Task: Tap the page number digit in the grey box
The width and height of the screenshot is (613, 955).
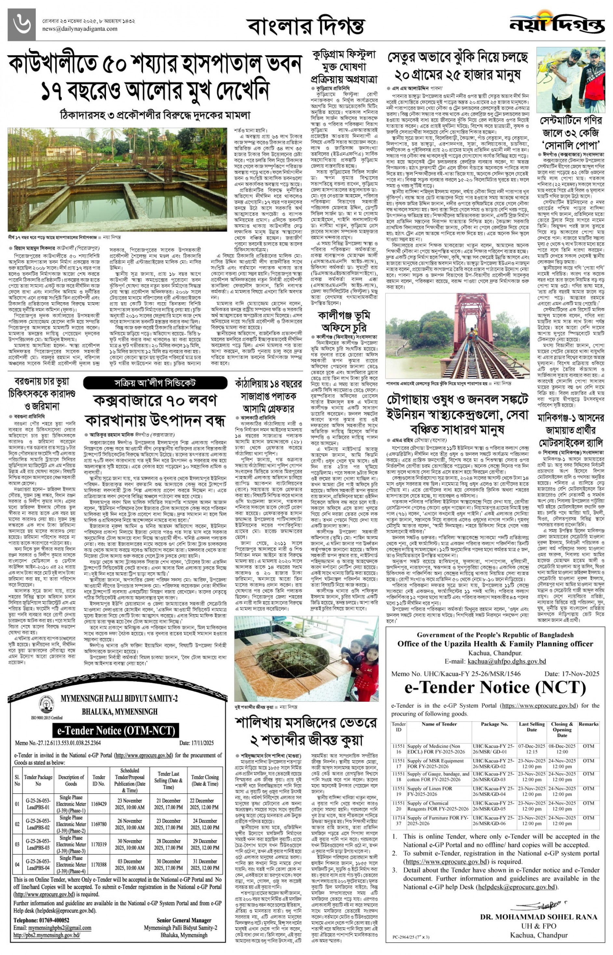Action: click(21, 25)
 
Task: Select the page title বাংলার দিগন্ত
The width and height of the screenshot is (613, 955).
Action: click(305, 26)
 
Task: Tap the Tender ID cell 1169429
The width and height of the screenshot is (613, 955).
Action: click(99, 804)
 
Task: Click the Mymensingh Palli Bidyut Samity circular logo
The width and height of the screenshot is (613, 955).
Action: click(46, 704)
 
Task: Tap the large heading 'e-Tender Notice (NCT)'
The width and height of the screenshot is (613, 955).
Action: click(495, 687)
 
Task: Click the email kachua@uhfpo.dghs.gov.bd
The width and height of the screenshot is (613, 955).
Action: click(506, 661)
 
